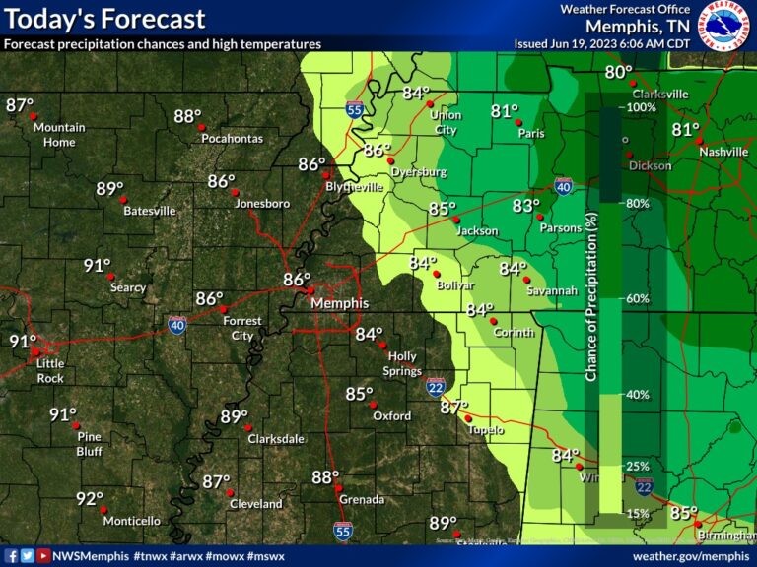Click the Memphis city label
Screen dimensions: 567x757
click(340, 303)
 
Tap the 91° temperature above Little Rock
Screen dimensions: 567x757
click(23, 342)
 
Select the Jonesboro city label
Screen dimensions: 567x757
click(263, 204)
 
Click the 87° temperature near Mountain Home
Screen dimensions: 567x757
click(20, 105)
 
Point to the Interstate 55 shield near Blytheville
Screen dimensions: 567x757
click(353, 110)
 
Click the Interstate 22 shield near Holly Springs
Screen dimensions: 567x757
click(435, 387)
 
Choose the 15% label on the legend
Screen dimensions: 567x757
click(638, 513)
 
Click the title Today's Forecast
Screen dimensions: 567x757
click(104, 19)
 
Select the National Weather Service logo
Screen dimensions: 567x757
click(725, 26)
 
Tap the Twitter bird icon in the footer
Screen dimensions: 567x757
click(27, 556)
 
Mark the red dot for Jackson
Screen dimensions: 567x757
click(456, 220)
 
